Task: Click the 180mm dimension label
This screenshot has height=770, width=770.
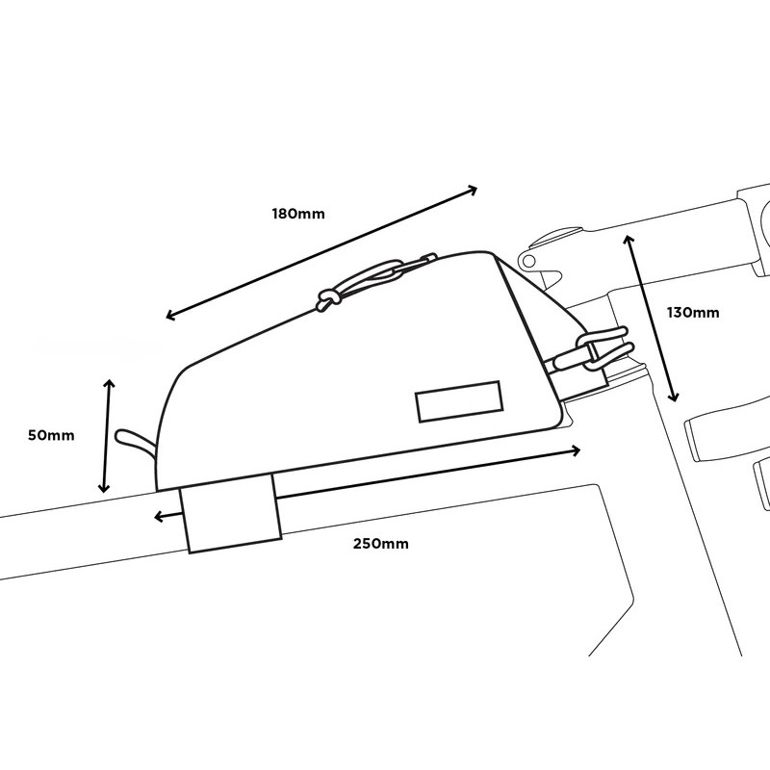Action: [x=298, y=214]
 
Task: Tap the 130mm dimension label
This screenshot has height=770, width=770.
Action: [x=693, y=312]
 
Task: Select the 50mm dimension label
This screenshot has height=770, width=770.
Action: [x=51, y=435]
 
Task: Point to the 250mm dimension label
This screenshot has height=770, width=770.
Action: [x=380, y=544]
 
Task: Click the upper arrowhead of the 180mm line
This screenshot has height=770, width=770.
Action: [x=473, y=190]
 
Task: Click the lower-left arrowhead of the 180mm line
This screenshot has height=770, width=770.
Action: [x=171, y=315]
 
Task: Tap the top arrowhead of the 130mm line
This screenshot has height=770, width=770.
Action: [x=629, y=240]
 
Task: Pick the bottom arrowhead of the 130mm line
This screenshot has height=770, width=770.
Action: [x=674, y=397]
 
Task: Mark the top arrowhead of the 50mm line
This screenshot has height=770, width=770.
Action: [x=109, y=383]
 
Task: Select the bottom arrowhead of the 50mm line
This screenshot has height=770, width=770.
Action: [x=104, y=488]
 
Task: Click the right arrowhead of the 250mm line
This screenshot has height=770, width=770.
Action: [x=576, y=449]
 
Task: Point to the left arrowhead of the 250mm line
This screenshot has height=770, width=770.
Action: [x=159, y=517]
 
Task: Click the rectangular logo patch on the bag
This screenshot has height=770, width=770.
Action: [x=459, y=401]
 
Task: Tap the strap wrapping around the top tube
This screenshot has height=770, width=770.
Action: [x=231, y=513]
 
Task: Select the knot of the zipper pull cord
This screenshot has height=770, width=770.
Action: [x=327, y=298]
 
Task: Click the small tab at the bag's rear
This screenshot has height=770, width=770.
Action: [x=135, y=442]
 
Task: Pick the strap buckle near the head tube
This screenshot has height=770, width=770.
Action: [x=592, y=349]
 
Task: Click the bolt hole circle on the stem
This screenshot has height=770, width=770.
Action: [x=528, y=261]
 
